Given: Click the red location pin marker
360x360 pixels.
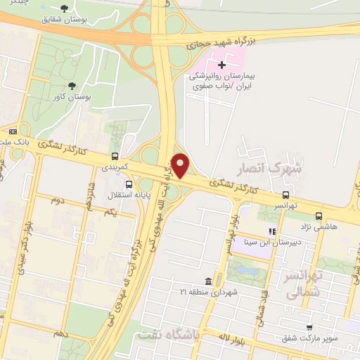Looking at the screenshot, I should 181,166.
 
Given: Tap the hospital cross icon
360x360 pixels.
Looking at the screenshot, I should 222,65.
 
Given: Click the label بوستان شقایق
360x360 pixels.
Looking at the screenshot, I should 84,20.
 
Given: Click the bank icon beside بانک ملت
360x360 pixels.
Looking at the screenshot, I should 13,131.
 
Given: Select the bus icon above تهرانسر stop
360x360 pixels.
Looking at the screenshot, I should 285,195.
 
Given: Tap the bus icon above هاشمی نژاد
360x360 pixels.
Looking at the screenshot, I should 319,216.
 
